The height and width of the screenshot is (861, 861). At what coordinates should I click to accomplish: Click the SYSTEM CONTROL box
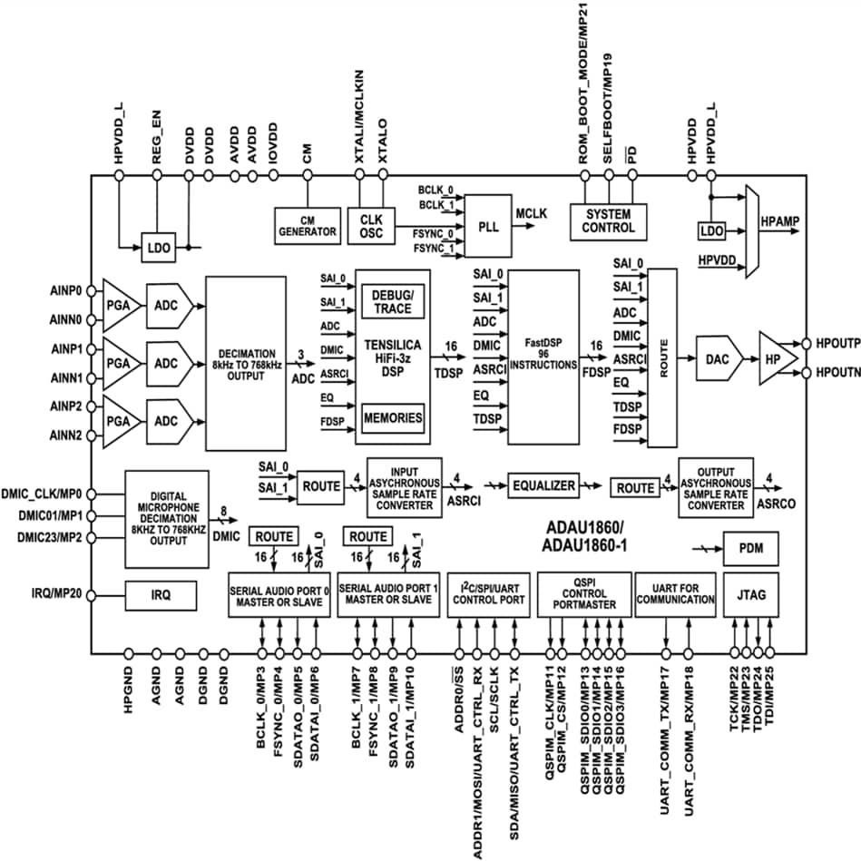[607, 221]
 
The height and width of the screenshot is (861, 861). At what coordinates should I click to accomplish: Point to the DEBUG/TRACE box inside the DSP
[392, 302]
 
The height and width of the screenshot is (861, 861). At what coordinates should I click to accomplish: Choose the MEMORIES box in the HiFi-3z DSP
[392, 418]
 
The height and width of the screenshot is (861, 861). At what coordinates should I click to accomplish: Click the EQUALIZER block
[543, 486]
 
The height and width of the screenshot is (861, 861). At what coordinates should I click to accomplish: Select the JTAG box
[751, 594]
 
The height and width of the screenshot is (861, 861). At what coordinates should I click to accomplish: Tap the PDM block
[751, 549]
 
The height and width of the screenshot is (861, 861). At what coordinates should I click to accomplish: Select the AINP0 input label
[66, 291]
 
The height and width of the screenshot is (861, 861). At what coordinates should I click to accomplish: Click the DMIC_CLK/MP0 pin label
[46, 494]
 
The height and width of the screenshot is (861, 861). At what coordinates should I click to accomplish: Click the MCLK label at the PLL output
[532, 214]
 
